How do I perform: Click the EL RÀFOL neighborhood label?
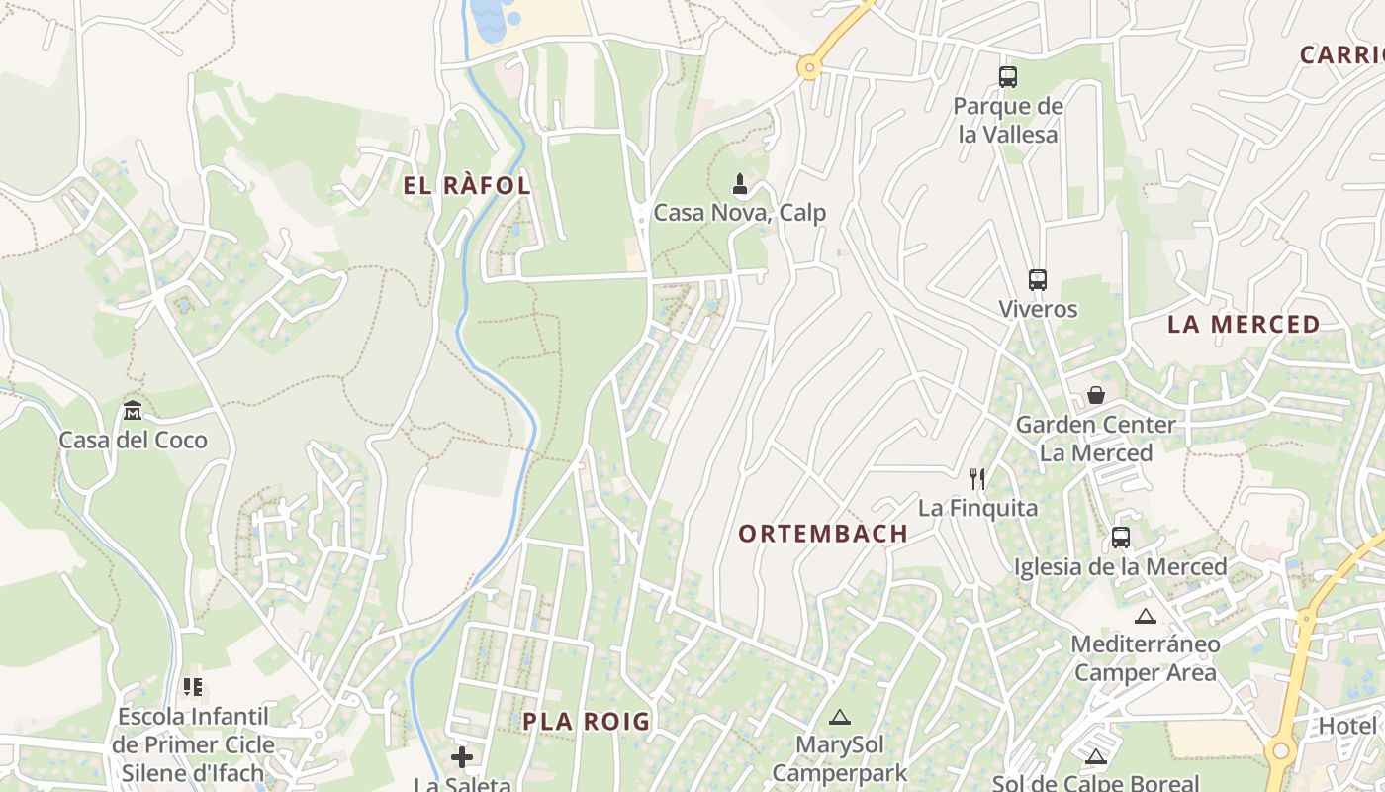[467, 185]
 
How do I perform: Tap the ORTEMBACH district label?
[823, 534]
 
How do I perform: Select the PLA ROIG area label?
[587, 722]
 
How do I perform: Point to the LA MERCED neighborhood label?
[1244, 325]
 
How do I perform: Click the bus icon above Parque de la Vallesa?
[1008, 76]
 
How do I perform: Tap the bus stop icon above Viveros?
[1037, 279]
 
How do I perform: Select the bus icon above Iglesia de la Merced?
[1120, 538]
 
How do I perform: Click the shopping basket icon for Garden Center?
[1096, 395]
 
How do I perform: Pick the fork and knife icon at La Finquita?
[977, 479]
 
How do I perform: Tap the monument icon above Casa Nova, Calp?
[739, 183]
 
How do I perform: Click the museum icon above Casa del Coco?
[133, 410]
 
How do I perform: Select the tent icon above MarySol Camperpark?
[840, 717]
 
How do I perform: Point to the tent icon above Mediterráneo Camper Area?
[1145, 616]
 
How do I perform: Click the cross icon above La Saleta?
[462, 757]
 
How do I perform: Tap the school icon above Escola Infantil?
[193, 686]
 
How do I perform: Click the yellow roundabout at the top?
[810, 68]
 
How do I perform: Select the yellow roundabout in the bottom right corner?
[1281, 750]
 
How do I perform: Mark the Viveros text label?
[1038, 309]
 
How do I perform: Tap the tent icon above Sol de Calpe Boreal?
[1095, 757]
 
